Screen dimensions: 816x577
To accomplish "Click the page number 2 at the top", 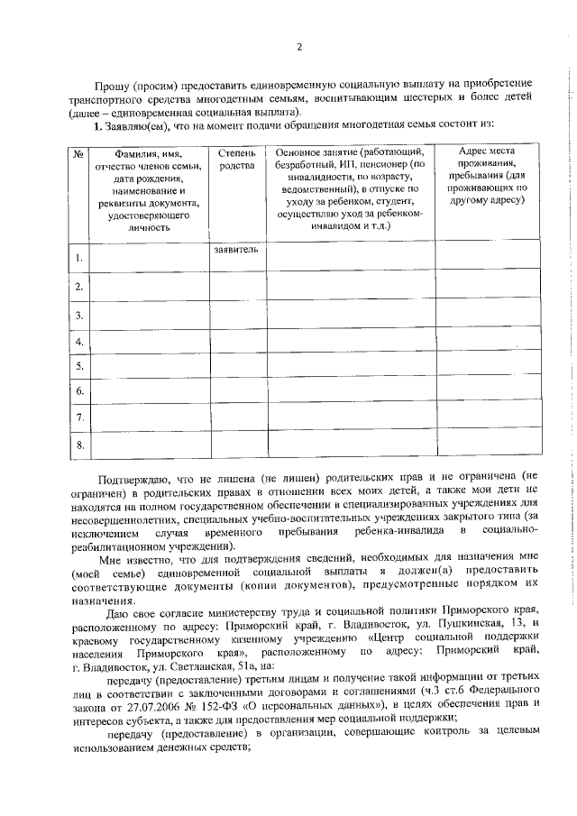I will click(299, 46).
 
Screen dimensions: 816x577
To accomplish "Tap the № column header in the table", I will click(78, 155).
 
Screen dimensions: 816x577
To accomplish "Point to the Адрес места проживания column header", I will click(488, 175).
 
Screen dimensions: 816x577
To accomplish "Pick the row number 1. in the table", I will click(79, 260).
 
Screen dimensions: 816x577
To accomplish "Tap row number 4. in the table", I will click(79, 342).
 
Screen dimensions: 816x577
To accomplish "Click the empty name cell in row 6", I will click(150, 391).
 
